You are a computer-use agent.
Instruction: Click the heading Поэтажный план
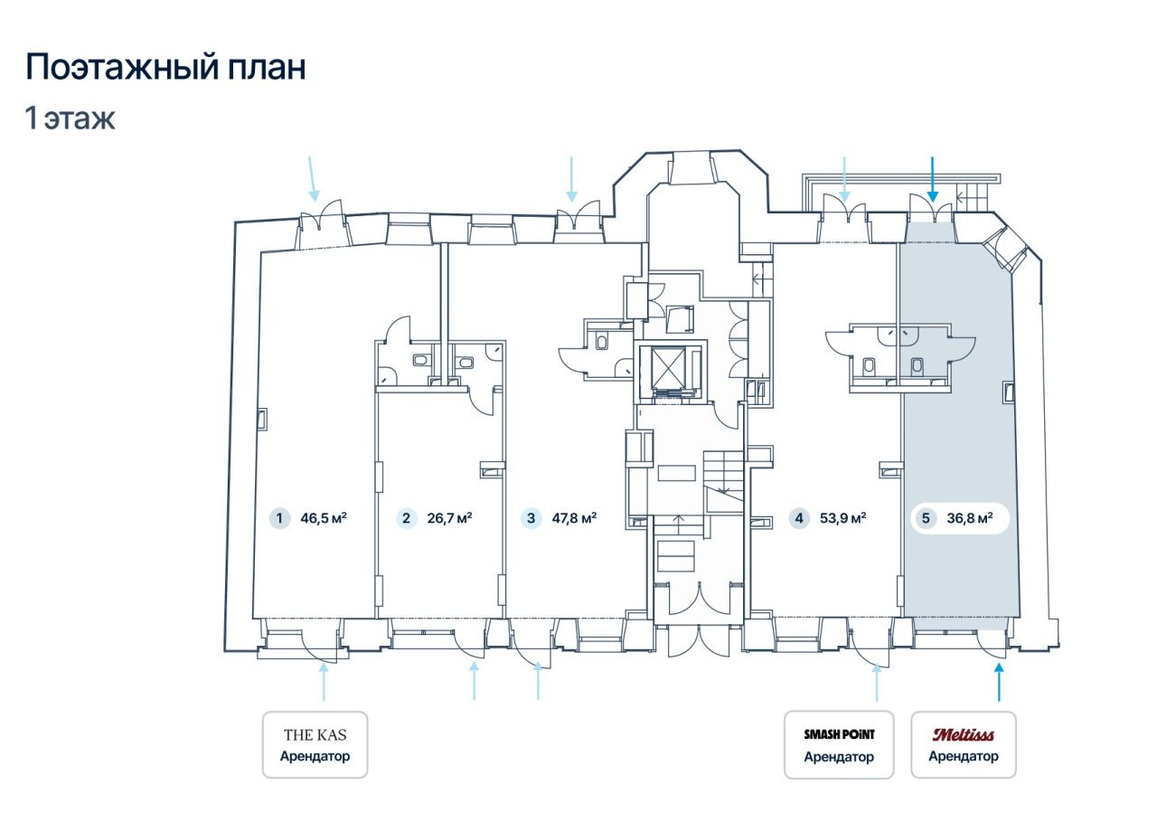point(165,68)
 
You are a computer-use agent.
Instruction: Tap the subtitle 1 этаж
point(70,118)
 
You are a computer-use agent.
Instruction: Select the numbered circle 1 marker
point(279,518)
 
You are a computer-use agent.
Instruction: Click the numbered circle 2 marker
point(406,518)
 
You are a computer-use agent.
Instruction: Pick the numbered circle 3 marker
point(531,518)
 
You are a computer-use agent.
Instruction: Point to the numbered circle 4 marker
point(799,518)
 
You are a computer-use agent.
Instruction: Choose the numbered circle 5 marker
point(926,518)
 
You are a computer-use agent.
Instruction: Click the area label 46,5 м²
point(324,518)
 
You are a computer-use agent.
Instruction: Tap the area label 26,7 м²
point(450,518)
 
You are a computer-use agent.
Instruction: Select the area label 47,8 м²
point(574,518)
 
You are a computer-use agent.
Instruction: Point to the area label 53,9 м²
point(843,518)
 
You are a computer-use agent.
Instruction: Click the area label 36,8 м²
point(970,518)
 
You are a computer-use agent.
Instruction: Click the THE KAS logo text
point(315,735)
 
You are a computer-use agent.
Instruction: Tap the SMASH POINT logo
point(840,734)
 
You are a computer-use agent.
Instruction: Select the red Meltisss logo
point(964,734)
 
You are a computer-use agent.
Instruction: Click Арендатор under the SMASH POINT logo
point(839,757)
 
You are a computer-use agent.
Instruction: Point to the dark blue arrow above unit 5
point(933,179)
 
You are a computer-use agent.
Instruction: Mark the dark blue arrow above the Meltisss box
point(999,682)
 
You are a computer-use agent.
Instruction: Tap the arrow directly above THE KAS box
point(324,682)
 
